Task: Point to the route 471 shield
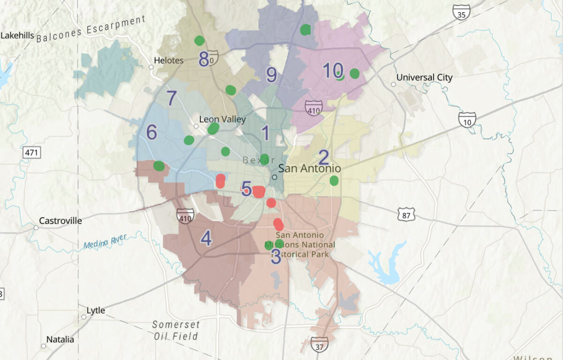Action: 31,153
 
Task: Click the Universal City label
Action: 424,77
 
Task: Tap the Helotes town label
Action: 169,61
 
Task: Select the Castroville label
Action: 60,221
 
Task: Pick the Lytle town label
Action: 96,311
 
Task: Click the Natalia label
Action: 60,339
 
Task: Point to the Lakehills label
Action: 18,35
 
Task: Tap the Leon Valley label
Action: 222,119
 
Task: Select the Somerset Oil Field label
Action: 176,330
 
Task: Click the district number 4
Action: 205,239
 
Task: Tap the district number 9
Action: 271,75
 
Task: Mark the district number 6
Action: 151,133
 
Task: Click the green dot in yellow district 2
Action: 334,180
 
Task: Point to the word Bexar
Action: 259,161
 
